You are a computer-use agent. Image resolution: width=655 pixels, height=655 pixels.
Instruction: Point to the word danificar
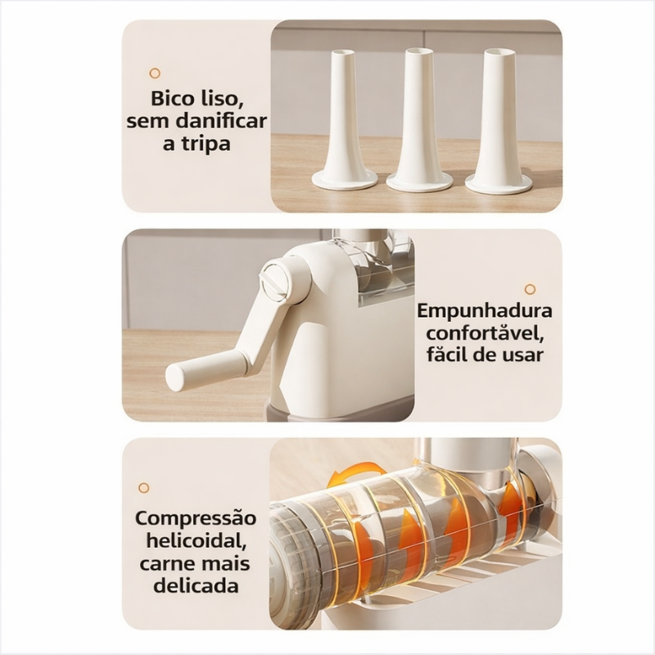(221, 121)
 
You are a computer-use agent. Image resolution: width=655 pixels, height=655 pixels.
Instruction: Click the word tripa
(208, 145)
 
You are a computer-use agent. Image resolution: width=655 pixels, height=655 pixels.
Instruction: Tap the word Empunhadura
(485, 311)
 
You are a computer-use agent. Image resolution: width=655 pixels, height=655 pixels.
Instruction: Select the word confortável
(485, 333)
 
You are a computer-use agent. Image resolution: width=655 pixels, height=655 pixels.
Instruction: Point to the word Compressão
(196, 519)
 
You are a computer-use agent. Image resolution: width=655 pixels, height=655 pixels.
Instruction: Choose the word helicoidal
(196, 541)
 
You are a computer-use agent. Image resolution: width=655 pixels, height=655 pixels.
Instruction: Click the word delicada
(196, 585)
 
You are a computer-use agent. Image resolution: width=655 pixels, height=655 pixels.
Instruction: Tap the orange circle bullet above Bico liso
(155, 74)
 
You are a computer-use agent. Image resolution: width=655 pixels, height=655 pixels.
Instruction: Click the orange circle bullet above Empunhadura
(530, 289)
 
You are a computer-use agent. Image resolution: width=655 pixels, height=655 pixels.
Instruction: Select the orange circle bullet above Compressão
(144, 487)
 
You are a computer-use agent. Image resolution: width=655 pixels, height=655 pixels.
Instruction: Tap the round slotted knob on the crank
(275, 278)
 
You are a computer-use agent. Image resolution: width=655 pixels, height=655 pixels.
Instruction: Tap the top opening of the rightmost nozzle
(498, 52)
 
